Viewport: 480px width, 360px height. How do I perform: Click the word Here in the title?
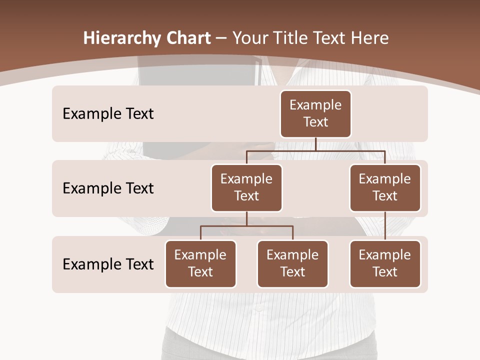pos(369,38)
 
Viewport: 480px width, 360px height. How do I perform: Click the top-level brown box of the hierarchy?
pos(315,114)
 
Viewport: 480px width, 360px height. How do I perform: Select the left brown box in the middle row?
pos(246,188)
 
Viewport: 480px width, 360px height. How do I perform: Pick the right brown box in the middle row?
pos(385,188)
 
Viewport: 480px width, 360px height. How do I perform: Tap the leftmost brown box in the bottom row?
pos(200,264)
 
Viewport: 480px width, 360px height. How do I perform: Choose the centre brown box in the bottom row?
pos(292,264)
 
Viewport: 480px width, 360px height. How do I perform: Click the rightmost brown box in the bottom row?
pos(385,264)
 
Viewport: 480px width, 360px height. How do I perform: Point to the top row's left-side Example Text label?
pos(108,114)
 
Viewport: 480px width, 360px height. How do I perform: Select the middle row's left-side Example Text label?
pos(108,188)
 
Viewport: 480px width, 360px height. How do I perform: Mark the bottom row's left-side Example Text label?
pos(108,264)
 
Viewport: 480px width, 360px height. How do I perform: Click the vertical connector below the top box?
pos(315,144)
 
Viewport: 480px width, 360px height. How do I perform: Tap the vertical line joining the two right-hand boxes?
pos(385,226)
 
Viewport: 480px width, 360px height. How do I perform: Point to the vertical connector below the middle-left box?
pos(246,219)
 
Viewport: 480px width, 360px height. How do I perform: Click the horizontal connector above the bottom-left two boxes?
pos(246,226)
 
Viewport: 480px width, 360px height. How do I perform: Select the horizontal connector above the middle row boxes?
pos(315,150)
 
